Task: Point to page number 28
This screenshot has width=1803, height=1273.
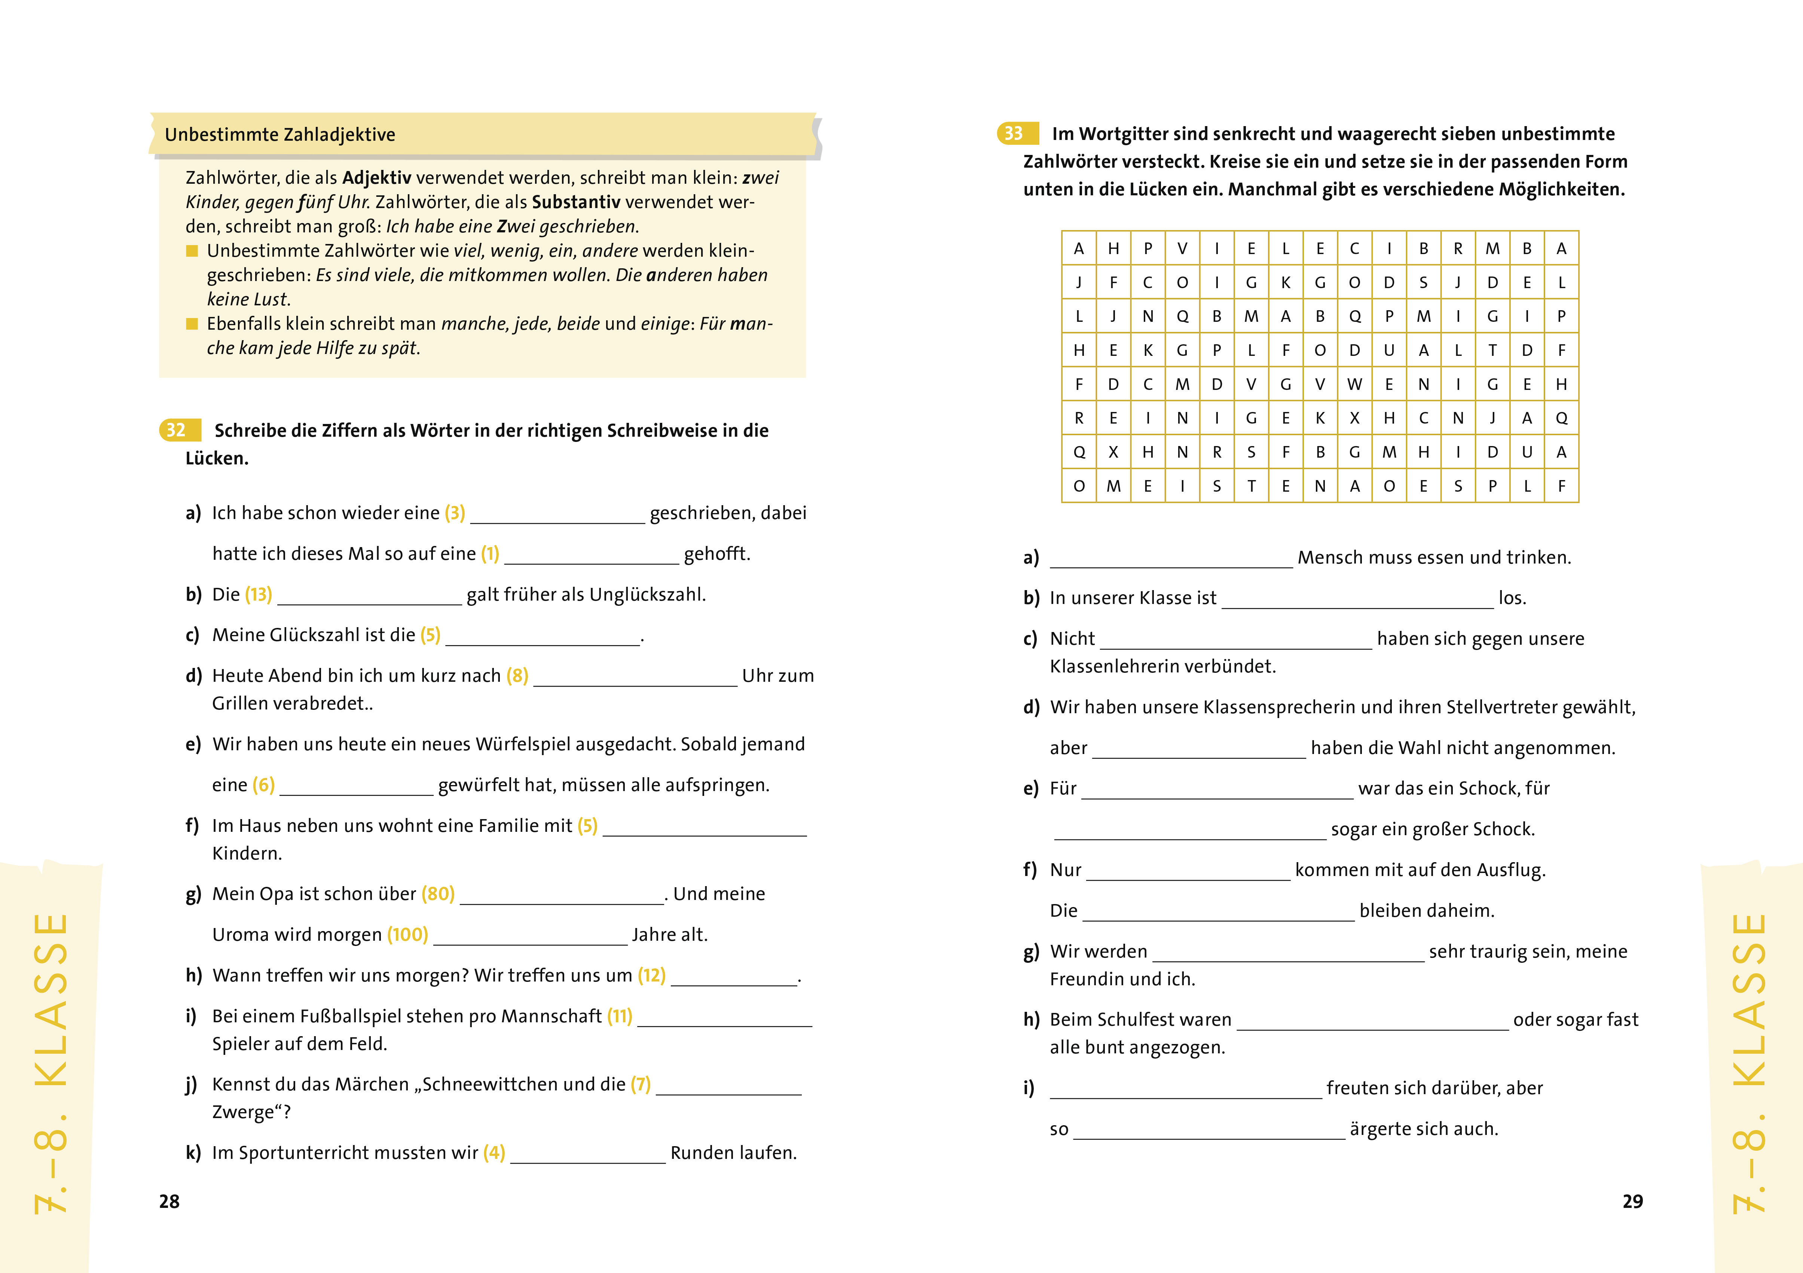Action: pyautogui.click(x=169, y=1202)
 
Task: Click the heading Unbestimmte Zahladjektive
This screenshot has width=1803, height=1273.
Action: pyautogui.click(x=279, y=135)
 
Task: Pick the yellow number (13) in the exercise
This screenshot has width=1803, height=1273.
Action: pyautogui.click(x=259, y=595)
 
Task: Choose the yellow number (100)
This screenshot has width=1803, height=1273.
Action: pyautogui.click(x=407, y=934)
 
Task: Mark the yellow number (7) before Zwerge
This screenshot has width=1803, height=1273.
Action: pyautogui.click(x=641, y=1084)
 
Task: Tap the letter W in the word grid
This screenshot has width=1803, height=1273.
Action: pyautogui.click(x=1355, y=384)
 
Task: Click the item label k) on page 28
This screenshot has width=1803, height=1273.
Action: pyautogui.click(x=193, y=1153)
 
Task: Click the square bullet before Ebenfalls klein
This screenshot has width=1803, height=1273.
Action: pyautogui.click(x=192, y=324)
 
